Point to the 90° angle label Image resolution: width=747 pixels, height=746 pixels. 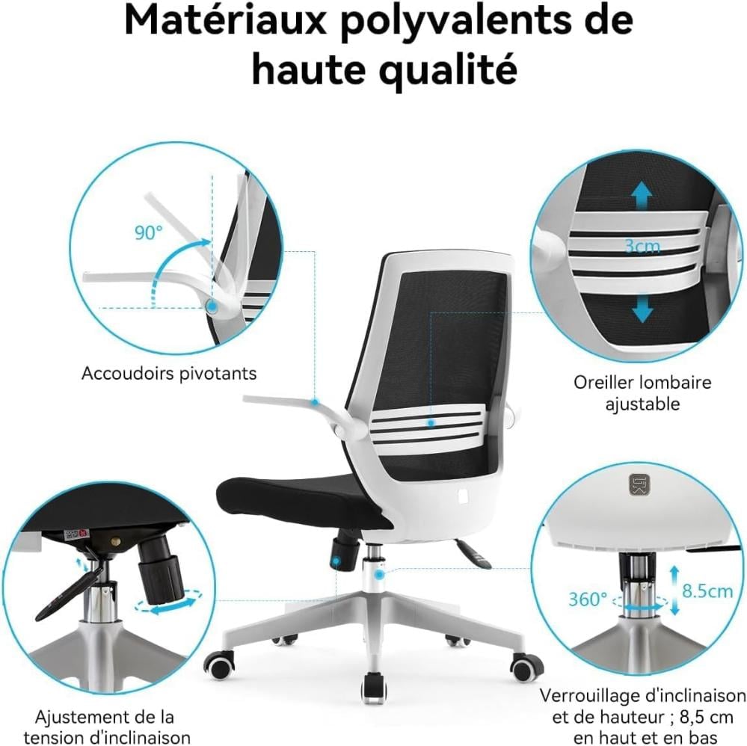tap(148, 233)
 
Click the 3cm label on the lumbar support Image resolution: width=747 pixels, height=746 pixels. tap(642, 246)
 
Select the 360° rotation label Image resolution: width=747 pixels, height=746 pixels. tap(588, 599)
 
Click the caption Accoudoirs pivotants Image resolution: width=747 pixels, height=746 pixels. tap(169, 374)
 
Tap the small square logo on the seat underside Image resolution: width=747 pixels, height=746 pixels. tap(636, 484)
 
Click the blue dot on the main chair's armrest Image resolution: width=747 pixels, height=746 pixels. tap(315, 402)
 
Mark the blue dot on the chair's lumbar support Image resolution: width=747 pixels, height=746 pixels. tap(431, 422)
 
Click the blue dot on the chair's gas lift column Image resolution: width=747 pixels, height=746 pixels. tap(379, 575)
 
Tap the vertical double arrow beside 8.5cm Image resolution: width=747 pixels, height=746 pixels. tap(674, 591)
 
